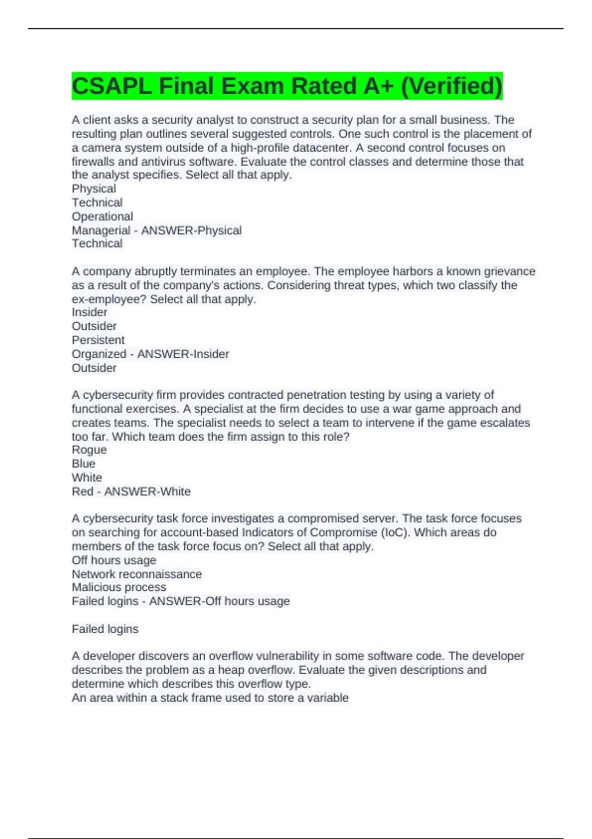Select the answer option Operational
(x=103, y=217)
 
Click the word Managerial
(x=101, y=230)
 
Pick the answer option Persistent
(x=98, y=340)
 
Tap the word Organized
(x=99, y=354)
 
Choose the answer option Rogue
(x=89, y=450)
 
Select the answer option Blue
(x=83, y=463)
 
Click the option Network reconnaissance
(x=137, y=574)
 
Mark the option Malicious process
(x=119, y=587)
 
